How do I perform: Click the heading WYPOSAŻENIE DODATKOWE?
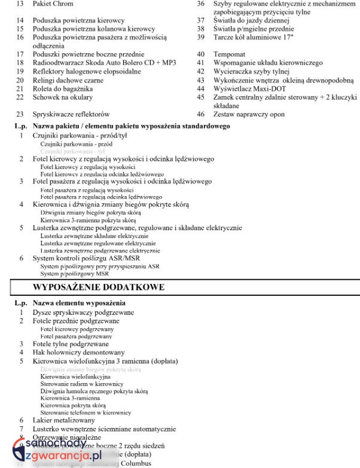click(x=99, y=287)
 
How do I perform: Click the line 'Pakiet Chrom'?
click(x=53, y=4)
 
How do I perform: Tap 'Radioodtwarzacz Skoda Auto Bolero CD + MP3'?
click(x=105, y=63)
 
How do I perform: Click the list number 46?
click(x=201, y=114)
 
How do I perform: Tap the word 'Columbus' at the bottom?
click(x=138, y=463)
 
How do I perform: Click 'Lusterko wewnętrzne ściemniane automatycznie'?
click(x=104, y=429)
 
